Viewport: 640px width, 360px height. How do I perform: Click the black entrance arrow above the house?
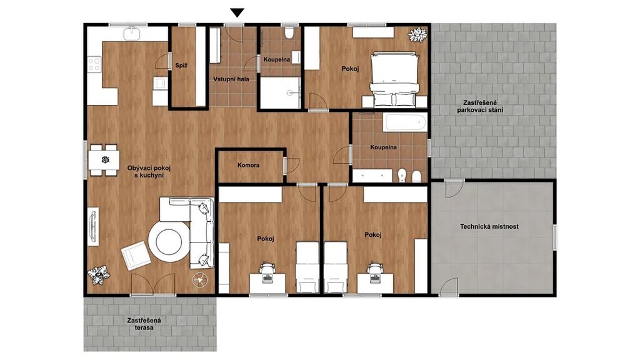point(237,13)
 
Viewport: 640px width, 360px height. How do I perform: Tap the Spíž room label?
point(181,65)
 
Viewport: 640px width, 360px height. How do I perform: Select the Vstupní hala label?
point(231,79)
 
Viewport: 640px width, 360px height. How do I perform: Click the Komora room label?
point(248,165)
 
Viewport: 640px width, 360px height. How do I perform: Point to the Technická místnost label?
point(489,226)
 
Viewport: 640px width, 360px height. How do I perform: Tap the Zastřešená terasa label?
point(144,324)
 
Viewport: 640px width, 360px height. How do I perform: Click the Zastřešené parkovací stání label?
point(480,106)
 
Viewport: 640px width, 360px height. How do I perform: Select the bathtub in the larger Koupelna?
point(404,122)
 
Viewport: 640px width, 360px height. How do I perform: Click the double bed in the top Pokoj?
point(395,79)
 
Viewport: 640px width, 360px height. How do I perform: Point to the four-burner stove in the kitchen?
point(94,64)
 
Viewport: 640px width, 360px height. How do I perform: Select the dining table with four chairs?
point(104,160)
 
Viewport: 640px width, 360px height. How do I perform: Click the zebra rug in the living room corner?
point(99,276)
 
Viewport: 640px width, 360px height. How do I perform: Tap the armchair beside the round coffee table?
point(136,256)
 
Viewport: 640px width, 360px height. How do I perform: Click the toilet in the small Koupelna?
point(289,32)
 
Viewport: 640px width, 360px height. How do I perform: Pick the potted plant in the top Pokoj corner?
point(417,35)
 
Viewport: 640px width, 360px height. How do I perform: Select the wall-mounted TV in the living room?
point(93,226)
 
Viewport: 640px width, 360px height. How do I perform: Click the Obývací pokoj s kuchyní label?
point(149,171)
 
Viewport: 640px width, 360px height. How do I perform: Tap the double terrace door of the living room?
point(152,284)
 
